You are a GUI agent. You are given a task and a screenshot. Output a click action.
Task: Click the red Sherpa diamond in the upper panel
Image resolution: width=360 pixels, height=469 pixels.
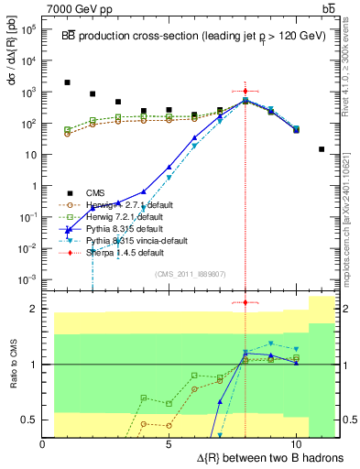point(245,92)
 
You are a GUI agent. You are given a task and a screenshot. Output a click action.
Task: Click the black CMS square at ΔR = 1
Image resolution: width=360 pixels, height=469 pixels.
point(67,82)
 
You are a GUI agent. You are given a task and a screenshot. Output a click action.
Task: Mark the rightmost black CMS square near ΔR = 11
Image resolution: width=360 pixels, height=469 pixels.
point(322,149)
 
